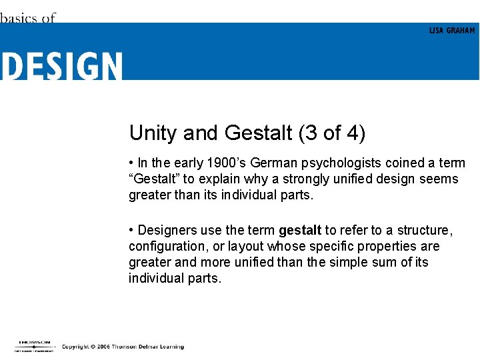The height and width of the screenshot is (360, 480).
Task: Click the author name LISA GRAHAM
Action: click(452, 31)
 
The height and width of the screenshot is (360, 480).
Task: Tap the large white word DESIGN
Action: click(61, 66)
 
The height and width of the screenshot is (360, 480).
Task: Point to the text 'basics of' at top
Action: click(27, 18)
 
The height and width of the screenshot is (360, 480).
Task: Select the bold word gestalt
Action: click(300, 230)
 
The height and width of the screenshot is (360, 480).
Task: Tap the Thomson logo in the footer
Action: click(34, 345)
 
